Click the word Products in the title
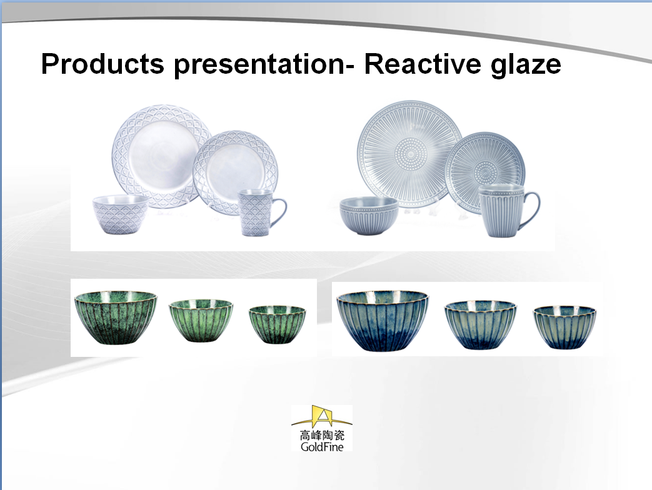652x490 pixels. click(103, 64)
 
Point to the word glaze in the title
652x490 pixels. click(526, 65)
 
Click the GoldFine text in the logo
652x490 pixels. click(322, 447)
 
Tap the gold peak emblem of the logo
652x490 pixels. click(322, 416)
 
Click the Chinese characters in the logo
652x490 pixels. click(322, 435)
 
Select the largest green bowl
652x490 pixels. click(116, 317)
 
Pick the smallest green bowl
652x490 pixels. click(277, 324)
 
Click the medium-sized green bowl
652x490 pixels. click(201, 321)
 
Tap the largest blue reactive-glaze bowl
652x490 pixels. click(382, 321)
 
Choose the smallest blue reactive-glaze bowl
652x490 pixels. click(564, 327)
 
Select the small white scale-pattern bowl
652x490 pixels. click(120, 214)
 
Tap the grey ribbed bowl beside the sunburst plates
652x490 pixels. click(369, 215)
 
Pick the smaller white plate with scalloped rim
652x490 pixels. click(235, 172)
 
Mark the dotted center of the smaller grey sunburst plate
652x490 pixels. click(485, 172)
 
